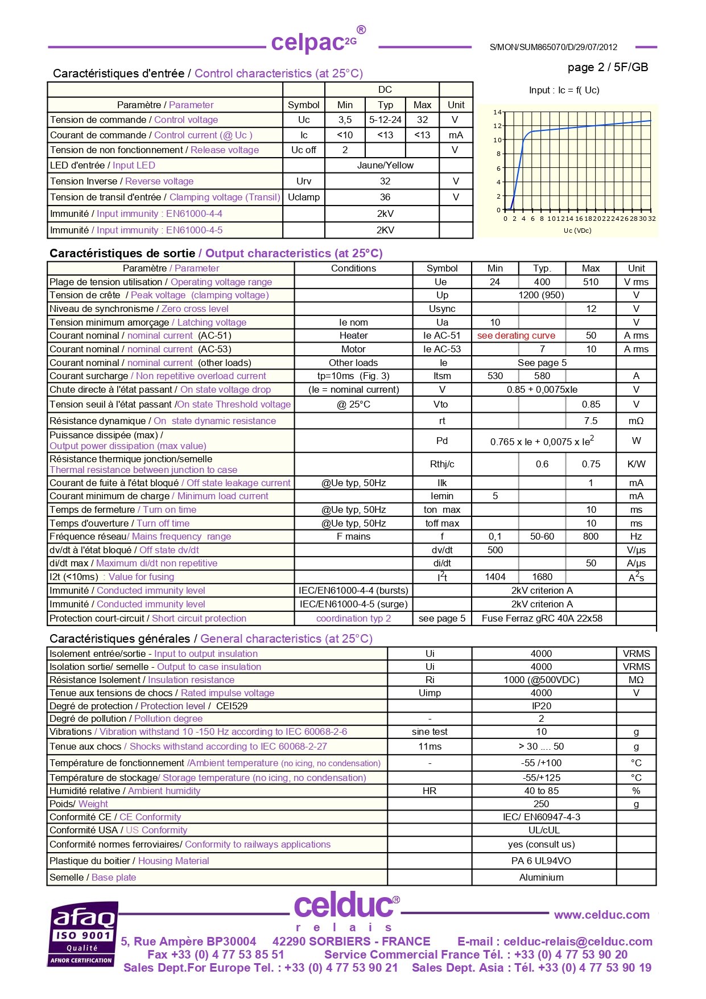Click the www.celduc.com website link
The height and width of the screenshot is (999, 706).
(601, 915)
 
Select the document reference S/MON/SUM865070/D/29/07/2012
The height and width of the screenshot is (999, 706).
(553, 47)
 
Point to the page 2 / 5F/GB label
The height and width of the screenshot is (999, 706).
(608, 67)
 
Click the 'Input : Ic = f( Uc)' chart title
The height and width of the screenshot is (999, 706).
(564, 90)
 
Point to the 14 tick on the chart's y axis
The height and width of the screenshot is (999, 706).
(497, 112)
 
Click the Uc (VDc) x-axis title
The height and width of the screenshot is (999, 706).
(577, 231)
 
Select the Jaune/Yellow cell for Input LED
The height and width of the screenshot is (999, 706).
(385, 165)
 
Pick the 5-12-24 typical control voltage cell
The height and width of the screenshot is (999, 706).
(385, 120)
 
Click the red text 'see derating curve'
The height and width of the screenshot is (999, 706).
(516, 335)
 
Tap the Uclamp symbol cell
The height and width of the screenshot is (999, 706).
(304, 197)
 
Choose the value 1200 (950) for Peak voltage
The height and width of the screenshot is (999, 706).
(541, 295)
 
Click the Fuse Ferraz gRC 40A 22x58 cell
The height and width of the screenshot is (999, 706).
(542, 618)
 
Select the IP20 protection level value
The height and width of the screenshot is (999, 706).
(541, 706)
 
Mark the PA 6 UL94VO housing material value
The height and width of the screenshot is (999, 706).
(541, 861)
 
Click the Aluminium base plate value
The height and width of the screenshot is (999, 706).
(541, 877)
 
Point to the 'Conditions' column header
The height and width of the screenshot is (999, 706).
(353, 268)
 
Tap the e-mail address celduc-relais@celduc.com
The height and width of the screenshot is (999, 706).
(577, 942)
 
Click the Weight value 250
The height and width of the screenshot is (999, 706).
(541, 804)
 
